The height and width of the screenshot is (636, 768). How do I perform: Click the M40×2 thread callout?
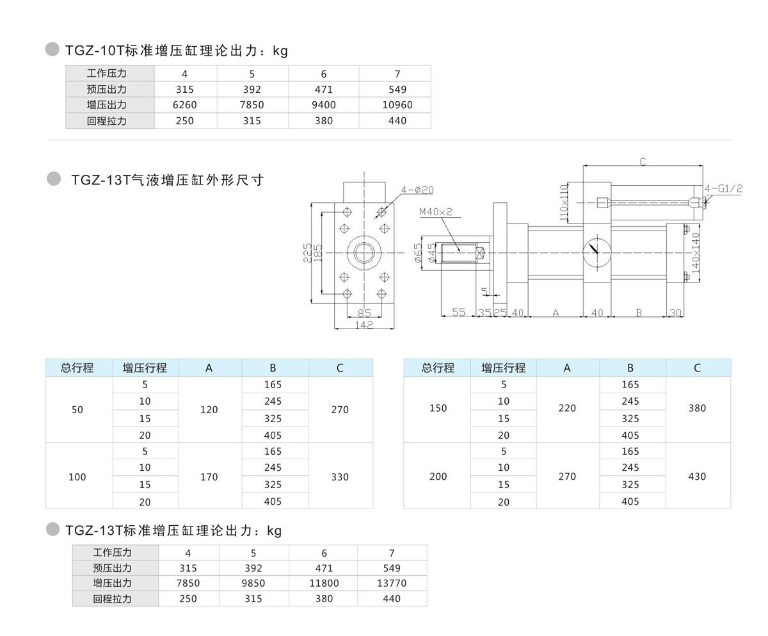[x=436, y=211]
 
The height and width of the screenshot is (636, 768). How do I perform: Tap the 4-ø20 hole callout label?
[x=417, y=190]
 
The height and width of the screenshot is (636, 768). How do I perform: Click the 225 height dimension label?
[x=307, y=253]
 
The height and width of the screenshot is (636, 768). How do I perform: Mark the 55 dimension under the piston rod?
[x=458, y=312]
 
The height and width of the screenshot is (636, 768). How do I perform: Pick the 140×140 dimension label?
[x=696, y=253]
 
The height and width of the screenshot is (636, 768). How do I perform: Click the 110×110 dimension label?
[x=564, y=201]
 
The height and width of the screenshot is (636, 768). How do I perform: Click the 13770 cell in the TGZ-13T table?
[x=392, y=583]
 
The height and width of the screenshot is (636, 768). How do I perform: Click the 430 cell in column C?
[x=697, y=477]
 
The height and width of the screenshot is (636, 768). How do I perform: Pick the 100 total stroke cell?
[x=77, y=477]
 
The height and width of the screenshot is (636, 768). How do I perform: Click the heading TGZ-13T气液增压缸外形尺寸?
[x=168, y=180]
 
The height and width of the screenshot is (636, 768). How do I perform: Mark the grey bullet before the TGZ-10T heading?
[x=53, y=49]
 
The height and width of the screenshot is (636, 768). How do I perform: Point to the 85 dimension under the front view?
[x=364, y=313]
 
